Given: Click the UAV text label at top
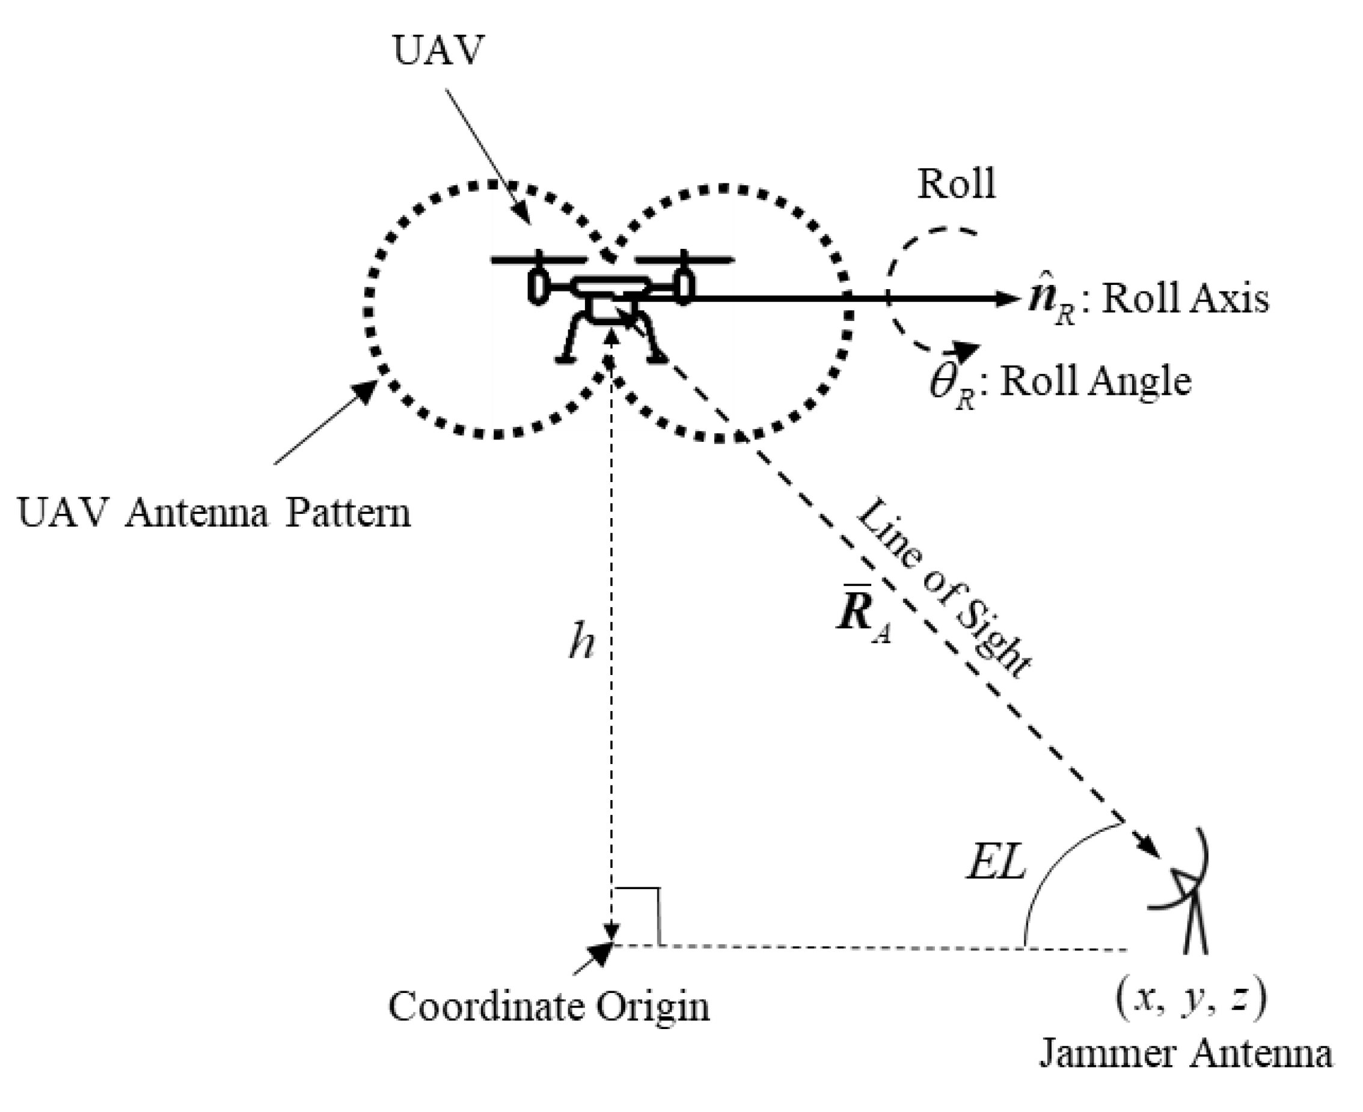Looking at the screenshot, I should click(x=437, y=50).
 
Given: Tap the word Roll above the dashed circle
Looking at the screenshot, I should click(x=956, y=185).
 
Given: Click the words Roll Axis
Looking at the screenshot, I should click(x=1185, y=299).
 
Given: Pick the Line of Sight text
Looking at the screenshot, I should click(x=942, y=589).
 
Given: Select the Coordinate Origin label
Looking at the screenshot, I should click(x=548, y=1006).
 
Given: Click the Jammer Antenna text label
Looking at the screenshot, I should click(x=1185, y=1054).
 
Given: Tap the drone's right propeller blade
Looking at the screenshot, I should click(x=684, y=260).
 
